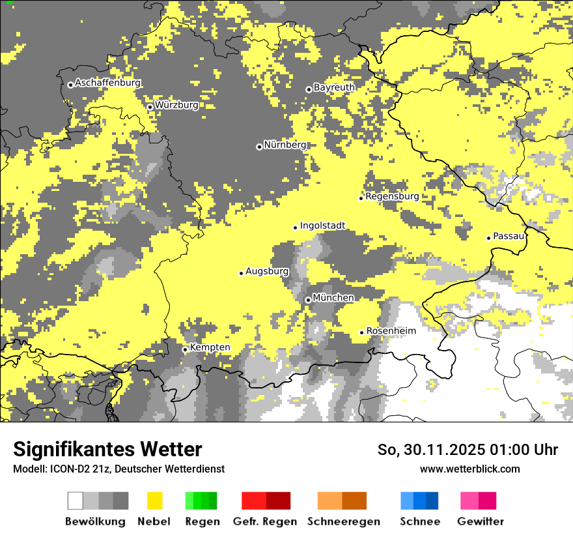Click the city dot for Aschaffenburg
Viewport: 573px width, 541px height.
click(70, 85)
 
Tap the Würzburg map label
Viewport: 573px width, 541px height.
click(176, 105)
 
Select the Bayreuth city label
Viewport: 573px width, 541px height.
click(334, 87)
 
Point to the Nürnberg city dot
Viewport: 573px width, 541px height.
click(259, 147)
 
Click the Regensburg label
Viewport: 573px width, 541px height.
click(392, 196)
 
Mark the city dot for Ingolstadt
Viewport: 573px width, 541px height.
click(295, 227)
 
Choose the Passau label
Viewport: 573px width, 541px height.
click(509, 236)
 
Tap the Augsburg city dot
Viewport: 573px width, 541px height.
click(241, 273)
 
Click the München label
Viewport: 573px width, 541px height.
click(333, 298)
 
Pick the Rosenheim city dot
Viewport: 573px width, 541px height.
click(362, 332)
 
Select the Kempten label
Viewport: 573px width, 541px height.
click(210, 347)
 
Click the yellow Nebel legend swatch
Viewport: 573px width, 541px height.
click(155, 501)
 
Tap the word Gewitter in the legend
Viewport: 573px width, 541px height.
click(480, 521)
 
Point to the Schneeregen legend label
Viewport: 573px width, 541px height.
click(344, 521)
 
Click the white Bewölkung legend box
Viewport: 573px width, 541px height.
click(76, 501)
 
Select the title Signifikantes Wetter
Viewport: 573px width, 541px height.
click(107, 450)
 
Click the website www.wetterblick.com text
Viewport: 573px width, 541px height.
click(469, 469)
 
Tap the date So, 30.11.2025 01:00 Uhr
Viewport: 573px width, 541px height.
click(468, 450)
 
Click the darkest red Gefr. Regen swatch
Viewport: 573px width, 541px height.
click(279, 501)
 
